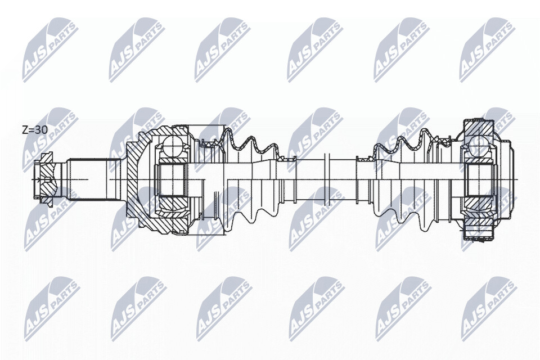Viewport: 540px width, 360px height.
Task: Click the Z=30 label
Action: pos(35,130)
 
